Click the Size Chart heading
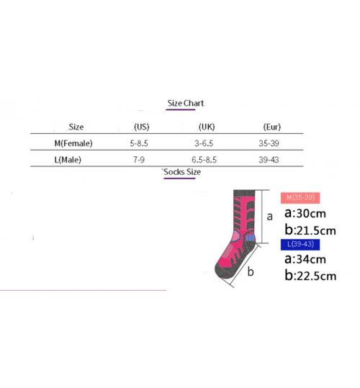(x=186, y=103)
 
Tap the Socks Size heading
(x=182, y=172)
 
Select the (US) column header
(x=142, y=127)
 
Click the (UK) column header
(x=207, y=127)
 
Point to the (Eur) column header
(x=272, y=127)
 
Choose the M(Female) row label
(x=73, y=143)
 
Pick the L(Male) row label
(x=68, y=160)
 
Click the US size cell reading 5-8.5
(x=139, y=143)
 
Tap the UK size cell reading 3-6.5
(x=204, y=143)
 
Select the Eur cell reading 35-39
(x=269, y=143)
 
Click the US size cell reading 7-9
(x=139, y=160)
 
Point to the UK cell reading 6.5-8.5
(x=204, y=160)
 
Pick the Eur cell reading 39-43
(x=269, y=160)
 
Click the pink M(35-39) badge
(x=300, y=198)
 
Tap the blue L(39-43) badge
(x=300, y=245)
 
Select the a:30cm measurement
(x=305, y=213)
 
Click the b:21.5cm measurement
(x=310, y=230)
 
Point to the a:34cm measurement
(x=305, y=259)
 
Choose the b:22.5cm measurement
(x=310, y=276)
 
